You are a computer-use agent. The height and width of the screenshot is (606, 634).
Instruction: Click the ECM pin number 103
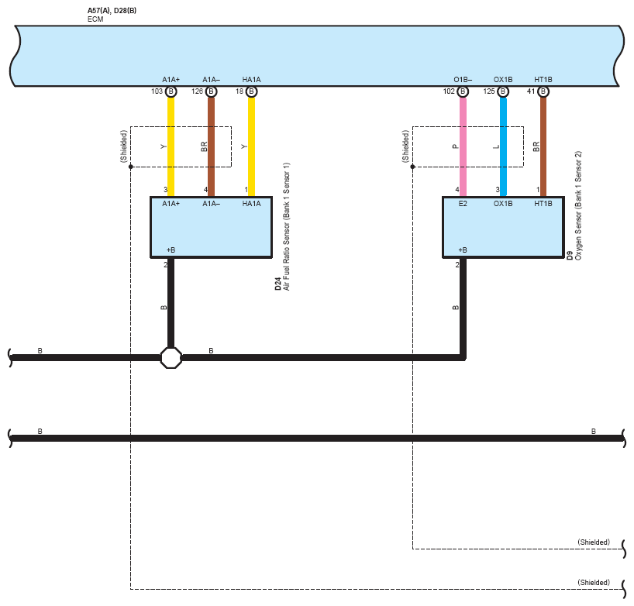point(157,91)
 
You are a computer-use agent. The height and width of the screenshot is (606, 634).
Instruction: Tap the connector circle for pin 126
point(211,91)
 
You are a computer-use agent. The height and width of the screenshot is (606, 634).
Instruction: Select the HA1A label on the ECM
point(251,80)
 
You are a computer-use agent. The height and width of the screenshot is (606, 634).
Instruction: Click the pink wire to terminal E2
point(463,147)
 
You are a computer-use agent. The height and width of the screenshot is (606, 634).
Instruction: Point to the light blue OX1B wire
point(503,147)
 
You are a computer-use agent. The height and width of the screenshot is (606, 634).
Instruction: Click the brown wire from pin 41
point(543,147)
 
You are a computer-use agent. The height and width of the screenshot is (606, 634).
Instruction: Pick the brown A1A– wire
point(211,147)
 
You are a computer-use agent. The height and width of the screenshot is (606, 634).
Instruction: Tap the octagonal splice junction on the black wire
point(171,357)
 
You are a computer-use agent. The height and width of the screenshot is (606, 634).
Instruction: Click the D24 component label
point(278,284)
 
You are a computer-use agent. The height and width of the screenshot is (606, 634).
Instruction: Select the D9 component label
point(570,255)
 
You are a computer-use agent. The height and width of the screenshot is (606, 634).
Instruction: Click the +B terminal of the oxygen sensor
point(463,250)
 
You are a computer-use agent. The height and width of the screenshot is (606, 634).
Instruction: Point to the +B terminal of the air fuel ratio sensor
point(171,250)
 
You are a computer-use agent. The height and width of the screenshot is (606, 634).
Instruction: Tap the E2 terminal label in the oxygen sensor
point(463,204)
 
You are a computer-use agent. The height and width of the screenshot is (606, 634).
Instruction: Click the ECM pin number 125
point(489,91)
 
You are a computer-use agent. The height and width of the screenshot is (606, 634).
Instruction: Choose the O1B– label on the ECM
point(463,80)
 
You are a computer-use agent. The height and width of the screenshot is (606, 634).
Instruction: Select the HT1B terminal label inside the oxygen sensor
point(543,204)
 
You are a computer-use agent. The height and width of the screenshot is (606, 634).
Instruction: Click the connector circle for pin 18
point(251,91)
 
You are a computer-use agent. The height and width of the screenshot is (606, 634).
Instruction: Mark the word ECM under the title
point(95,19)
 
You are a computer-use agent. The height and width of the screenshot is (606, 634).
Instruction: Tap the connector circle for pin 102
point(463,91)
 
